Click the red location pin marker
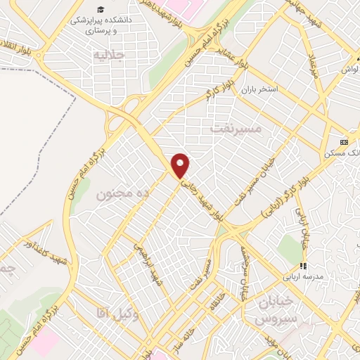[x=181, y=165]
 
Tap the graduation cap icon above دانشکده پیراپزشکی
[x=103, y=9]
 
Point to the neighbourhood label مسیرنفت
[x=236, y=129]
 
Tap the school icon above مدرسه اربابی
[x=304, y=266]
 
